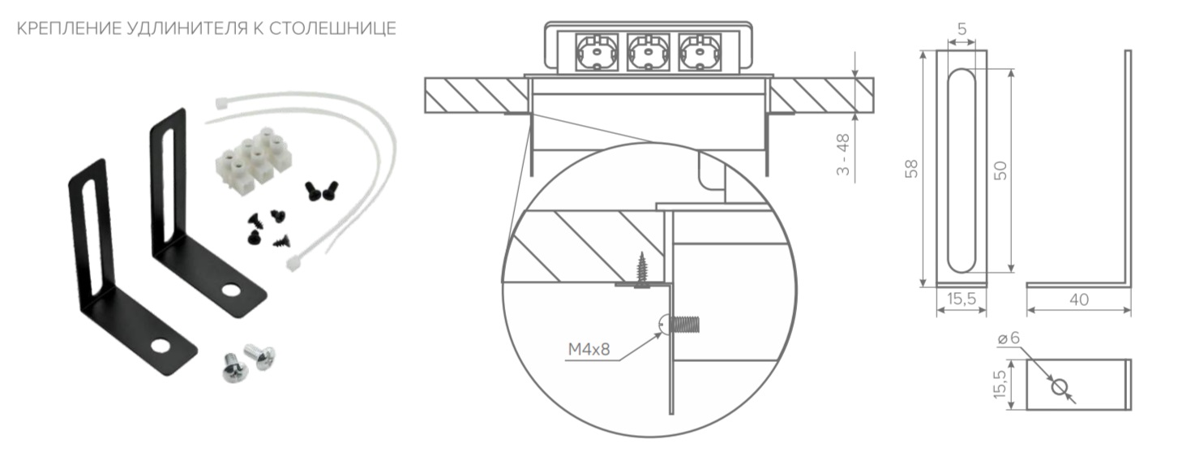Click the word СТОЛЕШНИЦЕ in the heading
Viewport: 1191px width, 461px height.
(332, 28)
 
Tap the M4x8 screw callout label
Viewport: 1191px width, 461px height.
(589, 349)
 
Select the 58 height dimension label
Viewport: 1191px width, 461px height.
(911, 168)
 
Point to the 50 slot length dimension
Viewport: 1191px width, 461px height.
(1000, 170)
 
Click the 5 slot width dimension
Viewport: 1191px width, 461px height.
(962, 28)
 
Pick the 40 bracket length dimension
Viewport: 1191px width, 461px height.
(1079, 299)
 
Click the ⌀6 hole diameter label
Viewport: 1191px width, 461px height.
(1009, 338)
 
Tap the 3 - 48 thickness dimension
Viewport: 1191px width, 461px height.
(842, 154)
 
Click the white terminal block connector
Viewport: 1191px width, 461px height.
(254, 156)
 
